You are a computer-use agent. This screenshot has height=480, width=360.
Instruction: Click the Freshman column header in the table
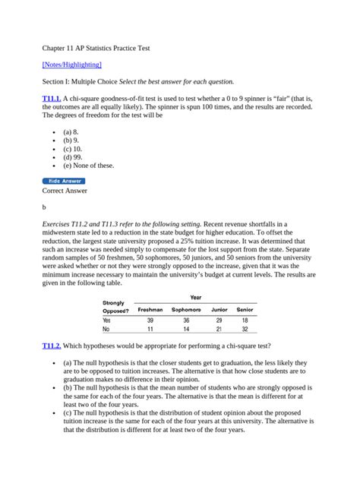pyautogui.click(x=150, y=310)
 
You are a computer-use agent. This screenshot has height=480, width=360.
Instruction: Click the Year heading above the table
pyautogui.click(x=195, y=298)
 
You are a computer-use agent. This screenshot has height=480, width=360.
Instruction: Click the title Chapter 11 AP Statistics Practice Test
pyautogui.click(x=96, y=47)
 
